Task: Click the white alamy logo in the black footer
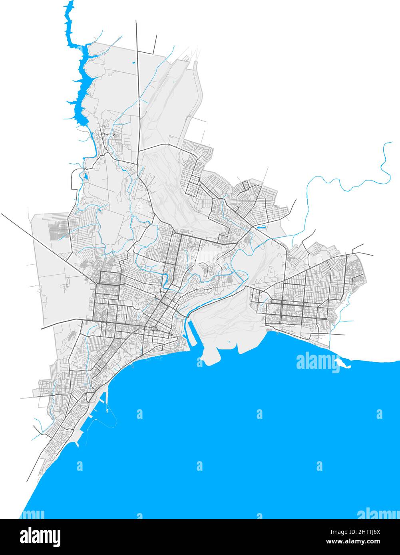click(x=40, y=537)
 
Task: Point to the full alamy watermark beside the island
click(x=318, y=362)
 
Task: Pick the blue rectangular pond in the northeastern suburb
click(x=262, y=227)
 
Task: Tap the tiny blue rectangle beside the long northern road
click(x=133, y=62)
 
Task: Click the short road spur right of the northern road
click(x=155, y=44)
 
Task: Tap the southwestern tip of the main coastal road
click(x=28, y=481)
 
